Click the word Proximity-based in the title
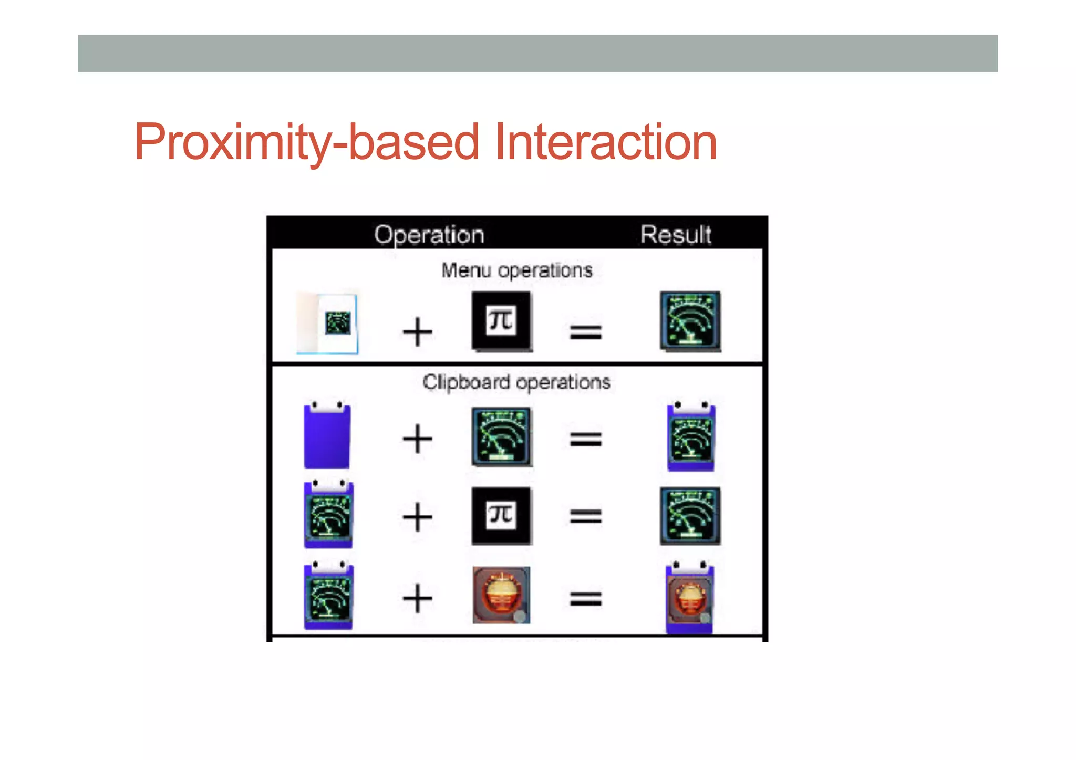click(x=306, y=142)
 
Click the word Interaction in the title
click(x=606, y=142)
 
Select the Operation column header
click(x=429, y=234)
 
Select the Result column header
click(x=676, y=234)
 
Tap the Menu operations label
click(x=516, y=270)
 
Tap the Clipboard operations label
click(x=516, y=382)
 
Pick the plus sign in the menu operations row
click(x=417, y=332)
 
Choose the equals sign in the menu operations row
click(x=586, y=332)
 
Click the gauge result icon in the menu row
click(x=690, y=321)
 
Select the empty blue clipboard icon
click(x=327, y=436)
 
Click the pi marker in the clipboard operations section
click(x=502, y=516)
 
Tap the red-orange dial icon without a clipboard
click(x=501, y=595)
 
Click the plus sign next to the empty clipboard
click(x=417, y=439)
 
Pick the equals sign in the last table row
click(x=586, y=599)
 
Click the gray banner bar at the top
click(x=537, y=54)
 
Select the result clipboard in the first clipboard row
click(x=690, y=437)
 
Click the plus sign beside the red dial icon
click(x=417, y=599)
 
